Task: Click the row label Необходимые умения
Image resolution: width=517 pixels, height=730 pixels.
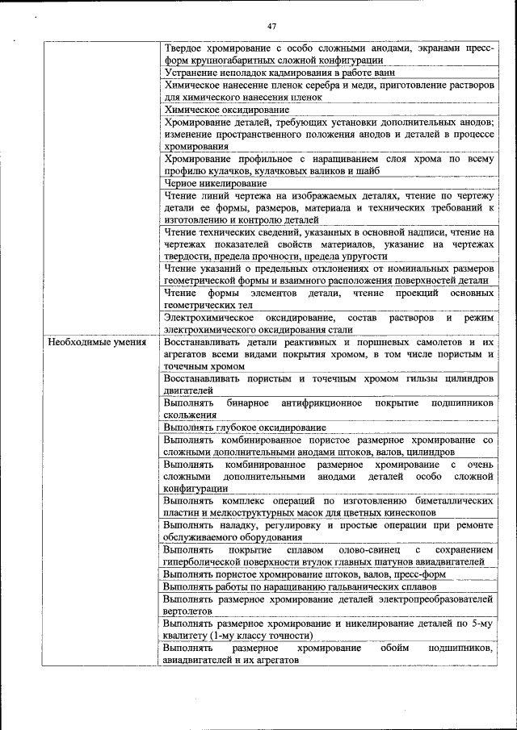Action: pos(97,342)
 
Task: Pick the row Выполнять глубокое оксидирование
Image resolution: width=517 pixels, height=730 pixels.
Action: pos(244,428)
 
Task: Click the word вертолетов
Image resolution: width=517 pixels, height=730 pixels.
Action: pos(187,611)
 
